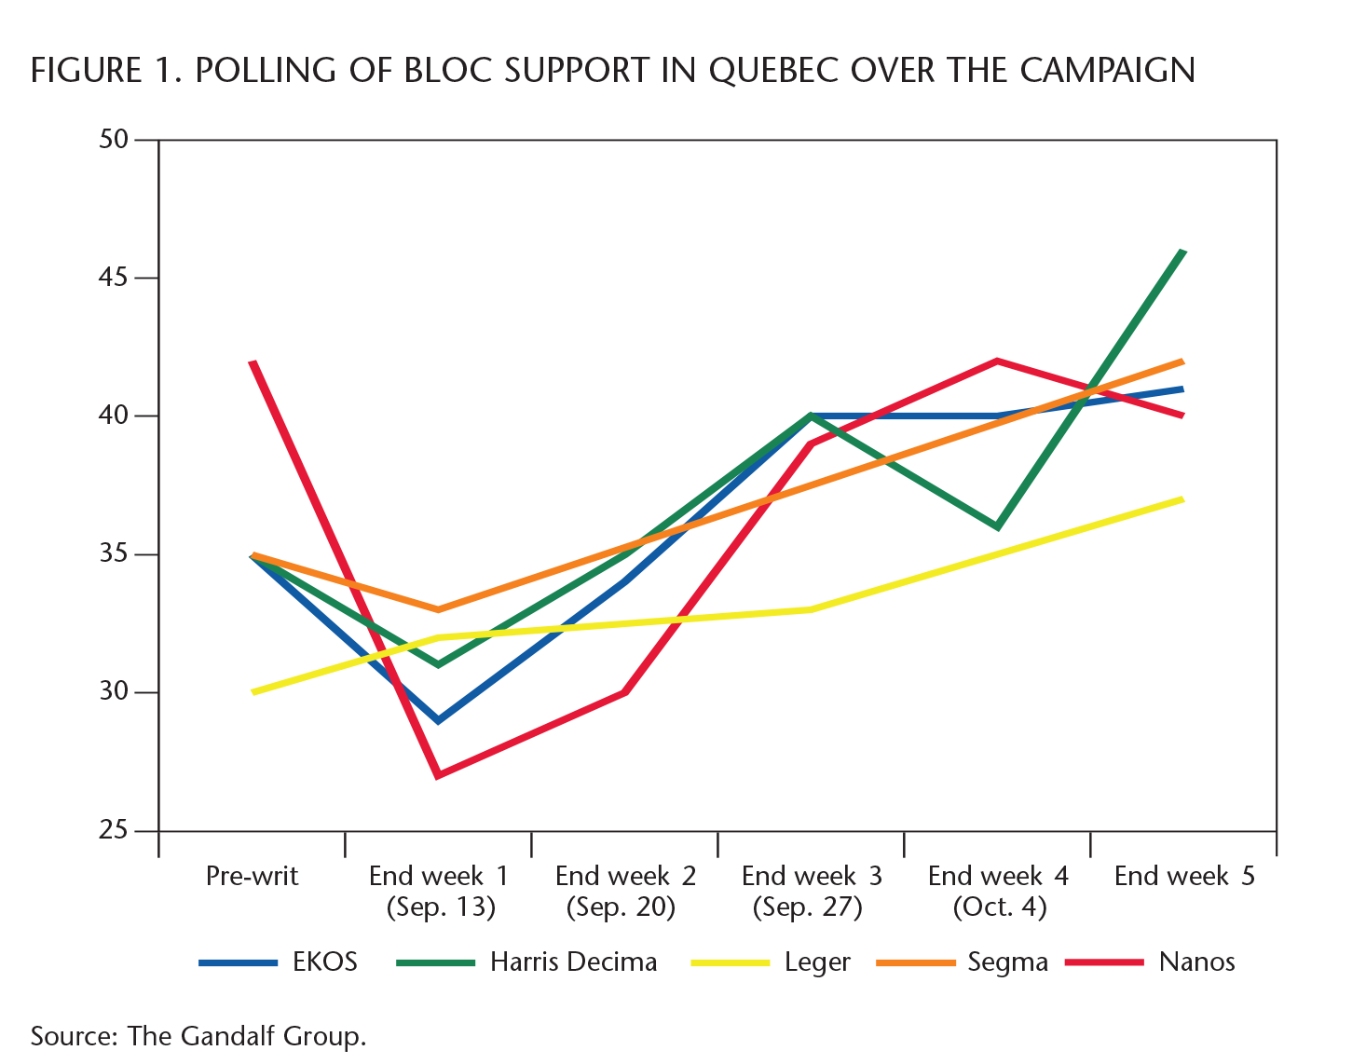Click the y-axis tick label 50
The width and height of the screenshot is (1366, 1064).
tap(113, 140)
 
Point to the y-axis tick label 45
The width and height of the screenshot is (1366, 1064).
tap(113, 278)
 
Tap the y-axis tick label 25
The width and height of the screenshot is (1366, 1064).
tap(113, 830)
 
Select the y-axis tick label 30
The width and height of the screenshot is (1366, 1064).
tap(113, 691)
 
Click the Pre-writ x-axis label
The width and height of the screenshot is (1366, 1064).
tap(252, 877)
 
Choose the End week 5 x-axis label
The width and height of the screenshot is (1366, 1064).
tap(1184, 877)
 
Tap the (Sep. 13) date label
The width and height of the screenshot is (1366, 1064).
tap(441, 907)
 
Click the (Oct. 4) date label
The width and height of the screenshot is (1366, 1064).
tap(999, 907)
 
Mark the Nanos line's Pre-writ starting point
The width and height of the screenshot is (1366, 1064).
tap(253, 361)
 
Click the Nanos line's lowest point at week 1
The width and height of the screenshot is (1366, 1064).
tap(438, 775)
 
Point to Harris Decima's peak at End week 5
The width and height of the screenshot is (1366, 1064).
tap(1182, 252)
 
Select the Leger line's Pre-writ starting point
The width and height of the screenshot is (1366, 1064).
tap(253, 692)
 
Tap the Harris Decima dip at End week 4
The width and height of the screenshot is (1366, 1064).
tap(997, 527)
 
